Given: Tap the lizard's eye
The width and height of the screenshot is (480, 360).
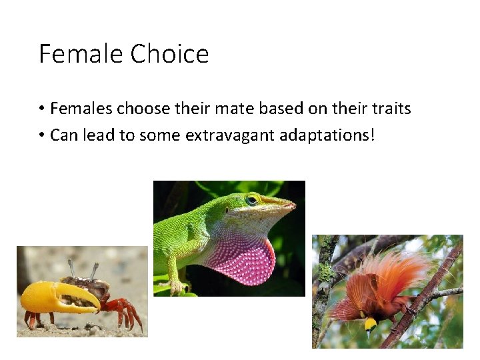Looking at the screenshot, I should [x=252, y=199].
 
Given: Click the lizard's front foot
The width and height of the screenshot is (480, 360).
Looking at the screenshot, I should [x=175, y=287].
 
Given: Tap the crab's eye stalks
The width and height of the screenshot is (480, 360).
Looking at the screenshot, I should [x=83, y=271].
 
